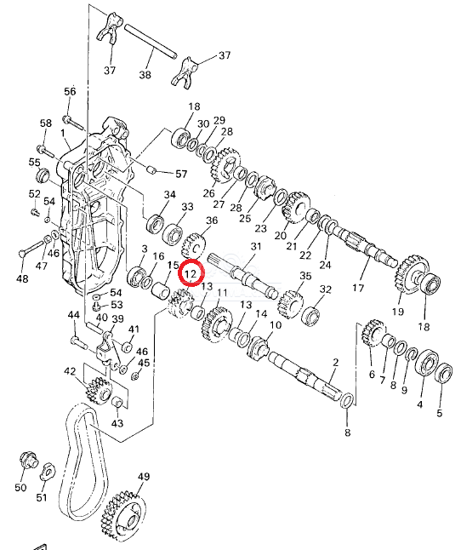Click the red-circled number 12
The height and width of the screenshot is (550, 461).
[x=191, y=273]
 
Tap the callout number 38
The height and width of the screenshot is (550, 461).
[x=145, y=75]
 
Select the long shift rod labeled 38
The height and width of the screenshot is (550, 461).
[x=151, y=42]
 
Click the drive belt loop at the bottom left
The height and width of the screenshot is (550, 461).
[x=83, y=463]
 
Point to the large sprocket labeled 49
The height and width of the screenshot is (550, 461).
[x=123, y=518]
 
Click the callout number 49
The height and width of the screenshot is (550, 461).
[x=143, y=476]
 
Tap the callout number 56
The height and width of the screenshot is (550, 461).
[x=70, y=92]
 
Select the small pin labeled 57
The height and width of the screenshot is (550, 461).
[x=151, y=169]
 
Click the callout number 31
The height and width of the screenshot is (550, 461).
[x=256, y=246]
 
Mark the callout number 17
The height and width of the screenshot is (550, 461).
[x=358, y=288]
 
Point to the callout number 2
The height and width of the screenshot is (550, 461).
[x=336, y=363]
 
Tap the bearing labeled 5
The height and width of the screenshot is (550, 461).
[x=443, y=373]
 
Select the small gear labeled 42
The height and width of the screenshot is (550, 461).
[x=98, y=391]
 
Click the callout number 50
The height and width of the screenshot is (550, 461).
[x=20, y=487]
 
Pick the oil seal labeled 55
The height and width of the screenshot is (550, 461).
[x=44, y=175]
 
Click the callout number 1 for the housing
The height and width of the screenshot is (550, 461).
[x=63, y=134]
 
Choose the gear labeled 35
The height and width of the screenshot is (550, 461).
[x=291, y=304]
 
